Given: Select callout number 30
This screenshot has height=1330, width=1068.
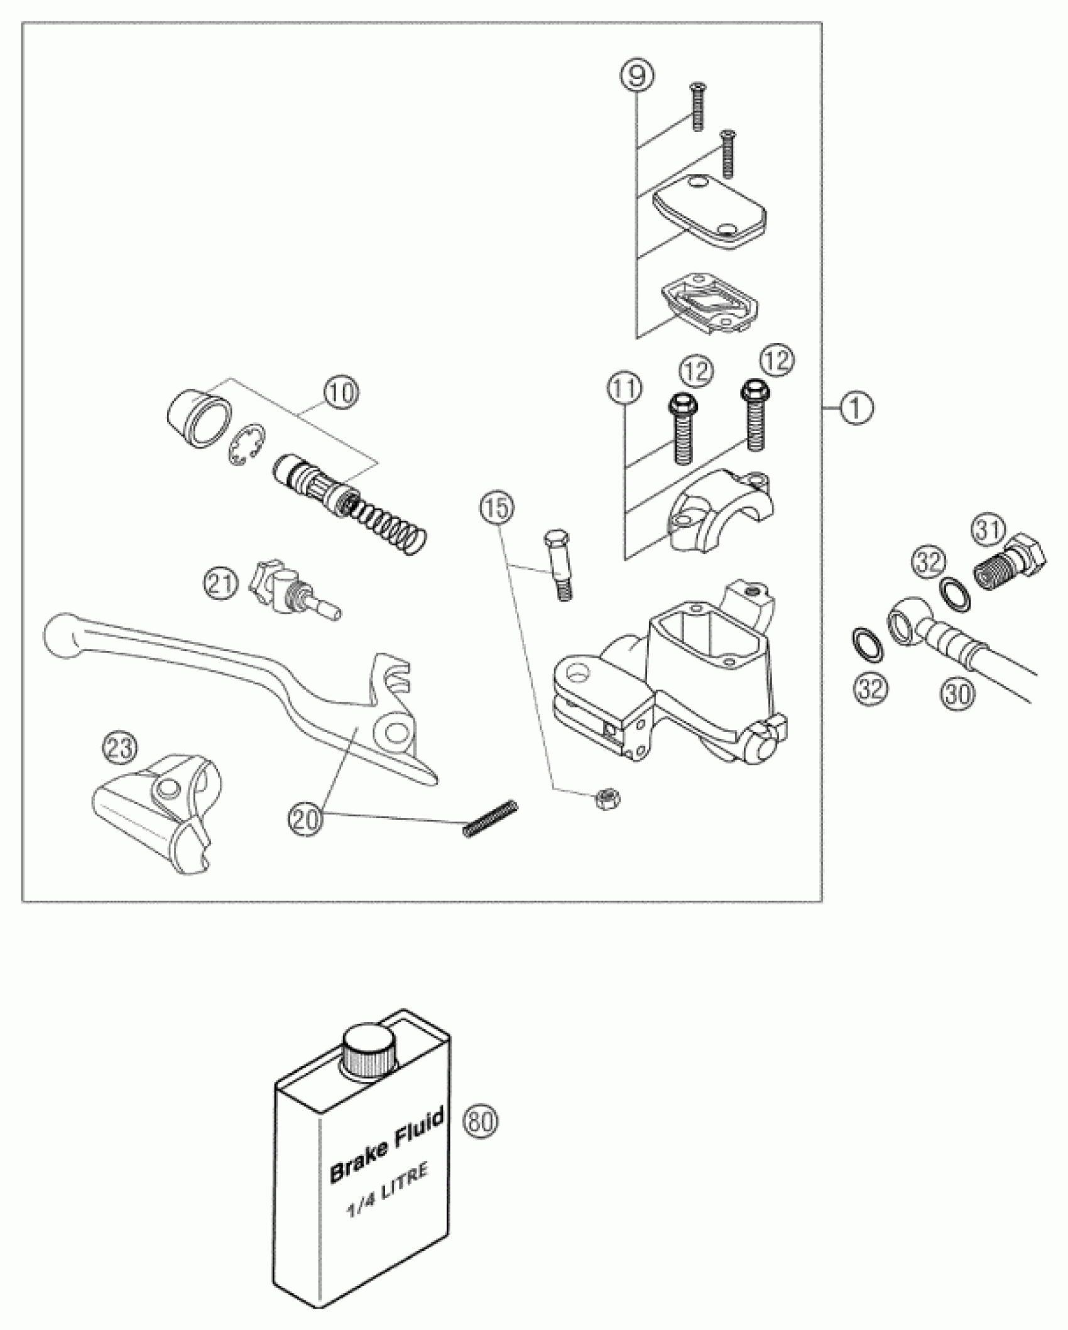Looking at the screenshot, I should point(957,694).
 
